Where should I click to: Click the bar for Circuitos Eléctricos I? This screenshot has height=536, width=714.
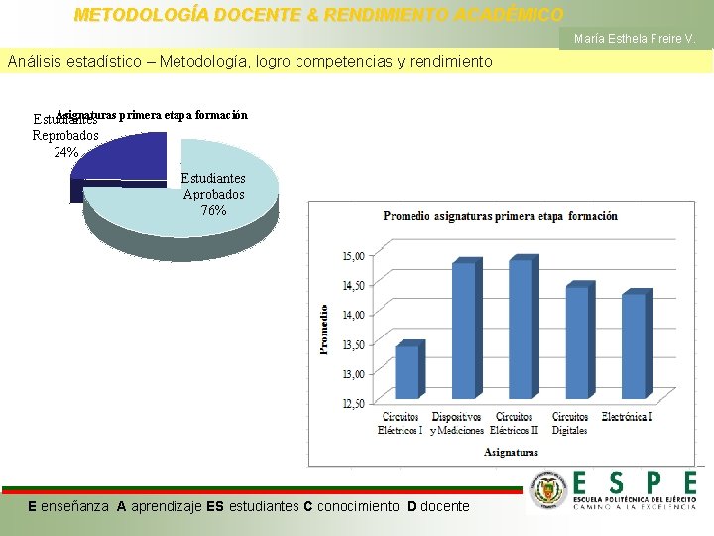(x=408, y=371)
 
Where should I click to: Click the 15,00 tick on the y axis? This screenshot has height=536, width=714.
(x=353, y=255)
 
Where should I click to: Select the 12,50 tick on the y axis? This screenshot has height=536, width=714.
(x=353, y=403)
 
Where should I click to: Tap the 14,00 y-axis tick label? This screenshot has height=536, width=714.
(x=353, y=315)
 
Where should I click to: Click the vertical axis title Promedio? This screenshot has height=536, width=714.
(x=323, y=329)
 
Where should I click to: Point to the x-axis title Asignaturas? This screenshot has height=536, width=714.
(x=511, y=452)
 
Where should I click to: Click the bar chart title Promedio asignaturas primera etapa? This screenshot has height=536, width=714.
(x=500, y=216)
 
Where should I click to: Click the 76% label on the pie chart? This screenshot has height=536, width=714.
(x=213, y=211)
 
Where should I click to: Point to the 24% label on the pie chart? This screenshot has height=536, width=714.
(x=66, y=152)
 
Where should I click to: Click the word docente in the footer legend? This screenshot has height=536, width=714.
(x=445, y=506)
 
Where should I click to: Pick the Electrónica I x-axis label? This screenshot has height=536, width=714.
(x=627, y=417)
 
